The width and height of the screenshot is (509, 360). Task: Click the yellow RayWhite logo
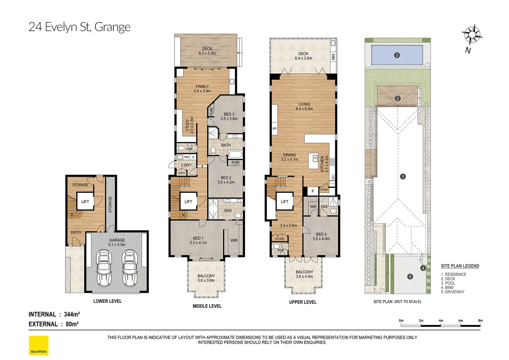[39, 345]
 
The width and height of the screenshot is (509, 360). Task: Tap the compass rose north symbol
[471, 35]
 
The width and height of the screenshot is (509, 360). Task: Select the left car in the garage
[104, 268]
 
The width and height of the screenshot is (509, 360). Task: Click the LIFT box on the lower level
[85, 201]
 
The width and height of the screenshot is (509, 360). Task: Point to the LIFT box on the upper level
[284, 201]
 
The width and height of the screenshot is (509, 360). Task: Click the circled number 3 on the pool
[397, 55]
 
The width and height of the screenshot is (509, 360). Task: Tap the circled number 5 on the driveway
[410, 276]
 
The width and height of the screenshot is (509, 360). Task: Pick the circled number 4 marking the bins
[423, 268]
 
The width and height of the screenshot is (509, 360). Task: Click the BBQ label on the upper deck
[333, 57]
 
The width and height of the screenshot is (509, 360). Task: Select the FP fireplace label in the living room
[274, 129]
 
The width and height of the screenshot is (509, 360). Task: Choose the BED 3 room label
[229, 116]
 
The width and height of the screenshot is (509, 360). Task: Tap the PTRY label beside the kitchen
[324, 190]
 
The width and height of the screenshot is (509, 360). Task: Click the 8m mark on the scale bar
[480, 321]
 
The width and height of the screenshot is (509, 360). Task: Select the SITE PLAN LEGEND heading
[460, 266]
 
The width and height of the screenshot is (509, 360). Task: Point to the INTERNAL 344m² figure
[54, 314]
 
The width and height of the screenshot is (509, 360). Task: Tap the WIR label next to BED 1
[234, 240]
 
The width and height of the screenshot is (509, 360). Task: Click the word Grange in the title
[112, 27]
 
